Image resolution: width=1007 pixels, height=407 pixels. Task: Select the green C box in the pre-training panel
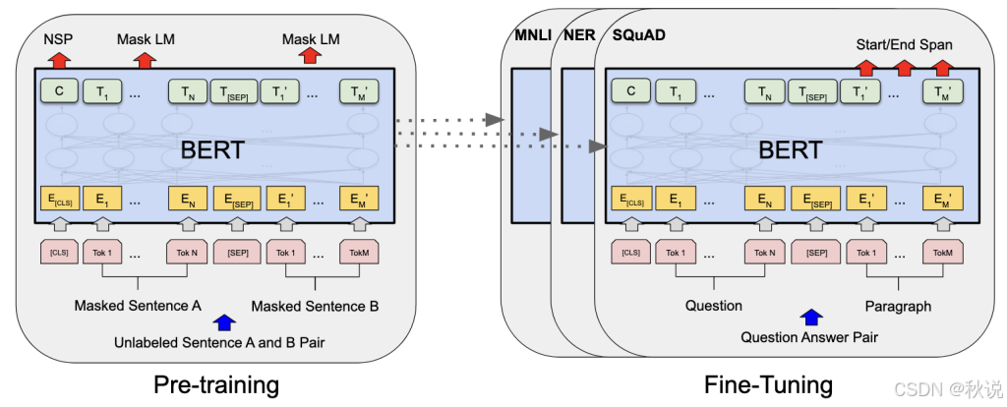click(x=59, y=91)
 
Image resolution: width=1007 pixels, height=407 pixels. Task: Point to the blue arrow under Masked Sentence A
click(x=225, y=320)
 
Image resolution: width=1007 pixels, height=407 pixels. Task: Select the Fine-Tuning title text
click(x=768, y=383)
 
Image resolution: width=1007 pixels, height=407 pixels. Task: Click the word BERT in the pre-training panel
click(x=212, y=150)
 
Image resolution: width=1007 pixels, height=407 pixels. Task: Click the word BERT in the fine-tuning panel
click(x=790, y=150)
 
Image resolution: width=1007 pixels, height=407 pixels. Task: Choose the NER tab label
click(x=578, y=36)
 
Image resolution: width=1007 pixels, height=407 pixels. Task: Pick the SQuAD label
click(x=639, y=36)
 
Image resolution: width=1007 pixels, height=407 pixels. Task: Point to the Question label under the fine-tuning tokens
click(x=714, y=306)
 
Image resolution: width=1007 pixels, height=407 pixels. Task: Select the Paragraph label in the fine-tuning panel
click(x=898, y=306)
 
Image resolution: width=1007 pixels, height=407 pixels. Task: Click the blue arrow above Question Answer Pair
click(x=810, y=318)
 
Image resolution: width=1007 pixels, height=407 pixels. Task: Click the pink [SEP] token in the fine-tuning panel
click(x=816, y=252)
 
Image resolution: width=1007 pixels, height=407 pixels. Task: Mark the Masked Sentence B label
click(x=315, y=306)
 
